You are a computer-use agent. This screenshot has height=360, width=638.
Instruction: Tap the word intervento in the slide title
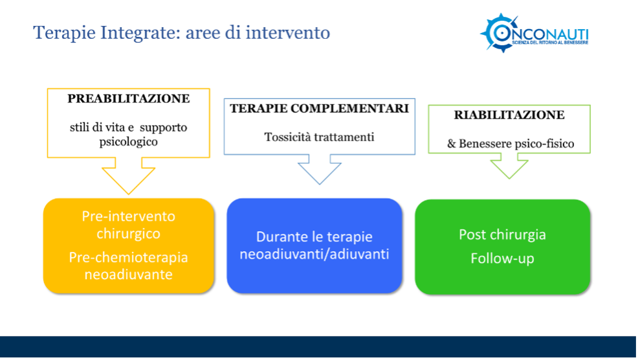(x=288, y=32)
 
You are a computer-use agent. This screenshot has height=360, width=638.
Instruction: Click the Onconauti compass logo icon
(x=500, y=33)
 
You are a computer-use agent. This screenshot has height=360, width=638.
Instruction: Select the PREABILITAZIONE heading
(x=129, y=98)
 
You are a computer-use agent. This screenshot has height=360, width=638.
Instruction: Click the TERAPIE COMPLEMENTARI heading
(x=320, y=108)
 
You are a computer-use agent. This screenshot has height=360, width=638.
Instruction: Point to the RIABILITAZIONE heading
(x=509, y=115)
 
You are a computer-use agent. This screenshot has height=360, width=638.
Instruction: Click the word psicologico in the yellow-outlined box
(x=129, y=142)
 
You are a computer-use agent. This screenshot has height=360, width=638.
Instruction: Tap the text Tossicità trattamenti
(x=320, y=137)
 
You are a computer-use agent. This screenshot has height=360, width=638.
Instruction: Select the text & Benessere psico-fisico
(x=511, y=143)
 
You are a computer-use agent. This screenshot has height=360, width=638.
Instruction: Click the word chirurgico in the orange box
(x=129, y=234)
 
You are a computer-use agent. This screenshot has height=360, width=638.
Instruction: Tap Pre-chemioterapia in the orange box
(x=129, y=258)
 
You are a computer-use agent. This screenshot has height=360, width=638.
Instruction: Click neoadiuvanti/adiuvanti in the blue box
(x=314, y=254)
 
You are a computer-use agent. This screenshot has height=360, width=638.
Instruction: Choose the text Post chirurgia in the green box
(x=503, y=234)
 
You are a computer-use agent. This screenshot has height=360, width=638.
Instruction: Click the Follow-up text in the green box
(x=503, y=258)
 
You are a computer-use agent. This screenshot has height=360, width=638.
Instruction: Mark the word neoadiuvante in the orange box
(x=129, y=275)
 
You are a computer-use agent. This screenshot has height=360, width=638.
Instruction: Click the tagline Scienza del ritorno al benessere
(x=550, y=42)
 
